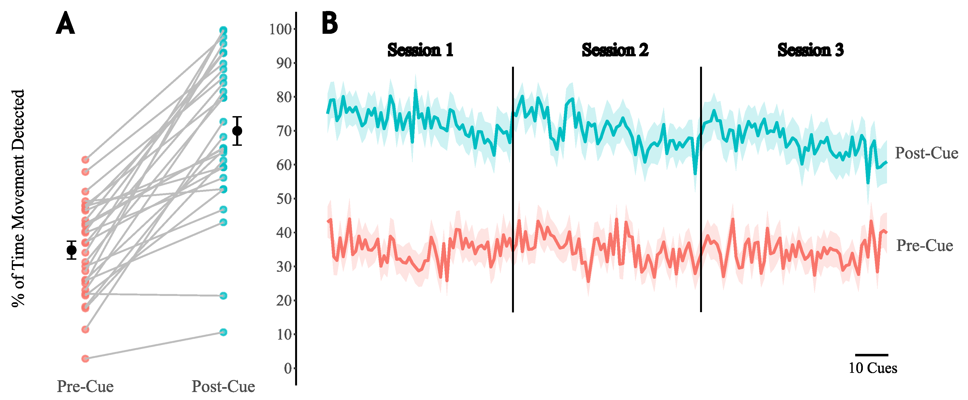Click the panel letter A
point(65,23)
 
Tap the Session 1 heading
point(420,50)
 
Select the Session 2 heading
point(615,50)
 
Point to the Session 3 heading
point(810,50)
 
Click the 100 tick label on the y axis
point(280,29)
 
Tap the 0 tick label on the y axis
point(288,368)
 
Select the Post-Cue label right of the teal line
point(926,153)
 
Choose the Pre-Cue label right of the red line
point(924,245)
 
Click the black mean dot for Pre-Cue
point(71,250)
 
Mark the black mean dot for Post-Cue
point(237,131)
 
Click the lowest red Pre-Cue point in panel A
point(85,359)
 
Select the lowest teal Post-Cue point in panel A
point(223,332)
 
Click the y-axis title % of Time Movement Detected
point(18,198)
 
